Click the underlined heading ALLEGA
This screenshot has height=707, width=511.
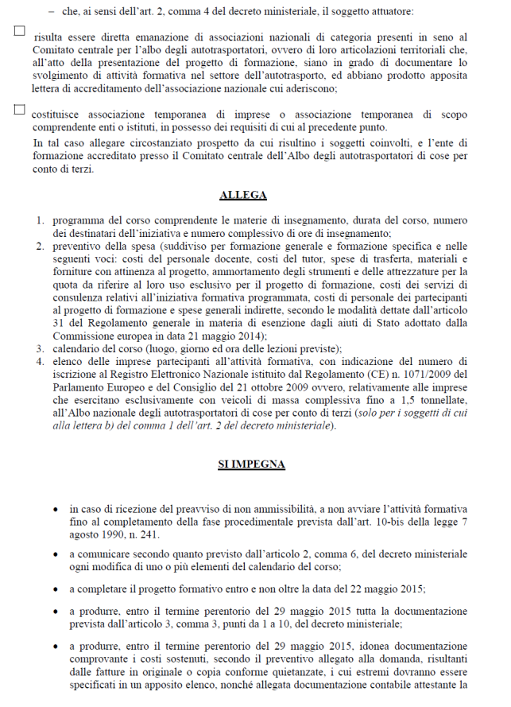click(243, 195)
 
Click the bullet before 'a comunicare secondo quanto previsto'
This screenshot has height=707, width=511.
click(54, 554)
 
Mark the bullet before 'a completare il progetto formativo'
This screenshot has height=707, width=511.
click(54, 589)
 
